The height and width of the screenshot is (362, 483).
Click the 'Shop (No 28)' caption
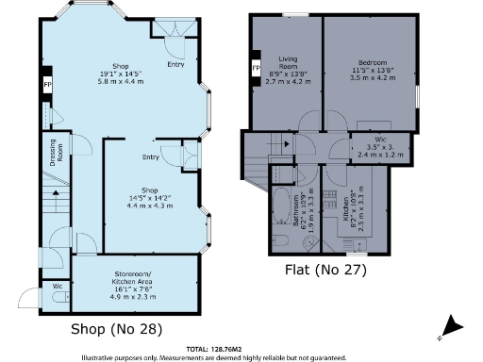pyautogui.click(x=117, y=329)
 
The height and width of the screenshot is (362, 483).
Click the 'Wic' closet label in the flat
pyautogui.click(x=373, y=140)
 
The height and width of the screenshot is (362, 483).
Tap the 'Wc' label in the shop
pyautogui.click(x=58, y=285)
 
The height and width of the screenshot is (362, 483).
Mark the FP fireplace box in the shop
pyautogui.click(x=47, y=87)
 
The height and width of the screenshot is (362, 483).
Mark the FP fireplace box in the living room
pyautogui.click(x=256, y=69)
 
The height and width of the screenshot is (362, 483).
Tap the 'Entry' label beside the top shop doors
pyautogui.click(x=175, y=65)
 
